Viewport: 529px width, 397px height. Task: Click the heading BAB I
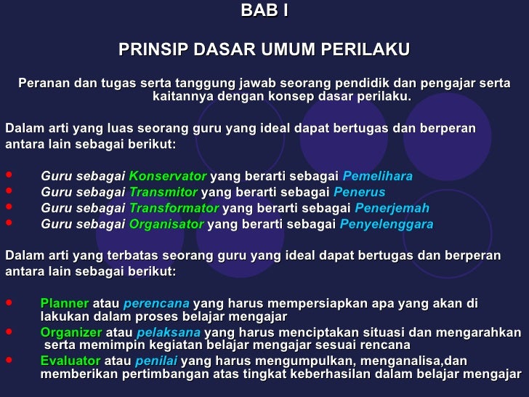[264, 12]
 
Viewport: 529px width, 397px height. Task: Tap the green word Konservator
[168, 176]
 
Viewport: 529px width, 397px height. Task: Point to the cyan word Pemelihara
[377, 176]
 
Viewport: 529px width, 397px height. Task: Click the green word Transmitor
[163, 192]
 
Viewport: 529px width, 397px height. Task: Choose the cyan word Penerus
[359, 192]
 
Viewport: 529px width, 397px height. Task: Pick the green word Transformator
[174, 208]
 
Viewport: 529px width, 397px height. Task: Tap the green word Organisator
[166, 224]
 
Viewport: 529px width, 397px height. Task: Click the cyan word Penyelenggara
[387, 224]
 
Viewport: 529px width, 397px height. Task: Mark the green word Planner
[65, 303]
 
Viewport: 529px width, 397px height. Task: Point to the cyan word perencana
[156, 303]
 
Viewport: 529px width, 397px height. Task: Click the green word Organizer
[70, 332]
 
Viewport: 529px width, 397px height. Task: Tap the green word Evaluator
[70, 361]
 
